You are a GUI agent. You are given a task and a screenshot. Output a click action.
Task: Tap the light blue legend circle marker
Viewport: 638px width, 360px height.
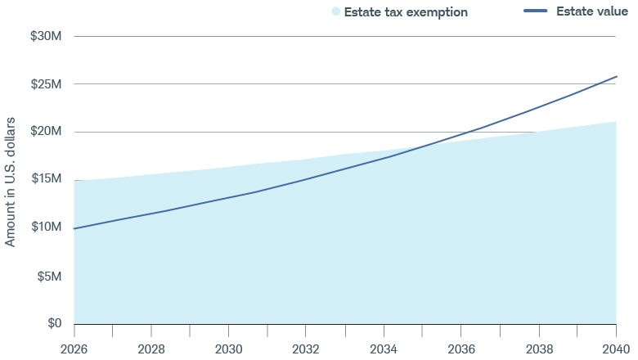335,12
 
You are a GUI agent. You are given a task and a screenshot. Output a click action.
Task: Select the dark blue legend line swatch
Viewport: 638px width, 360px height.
535,11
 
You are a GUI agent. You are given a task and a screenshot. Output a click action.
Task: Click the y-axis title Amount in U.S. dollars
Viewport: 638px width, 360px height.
11,181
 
